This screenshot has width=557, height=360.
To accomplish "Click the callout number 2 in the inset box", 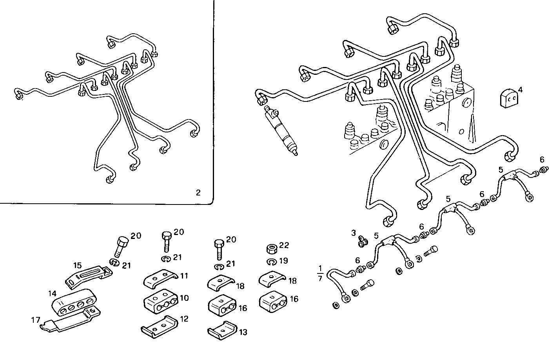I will point(198,192).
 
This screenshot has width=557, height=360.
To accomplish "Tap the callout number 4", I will point(520,90).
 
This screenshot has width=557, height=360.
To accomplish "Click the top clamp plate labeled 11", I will point(160,279).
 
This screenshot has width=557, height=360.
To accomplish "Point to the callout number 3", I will point(354,233).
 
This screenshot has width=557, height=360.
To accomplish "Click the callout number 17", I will point(35,320).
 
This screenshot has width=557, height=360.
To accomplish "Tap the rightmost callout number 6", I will point(542,159).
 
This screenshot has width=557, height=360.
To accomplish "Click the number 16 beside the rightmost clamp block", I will point(294,299).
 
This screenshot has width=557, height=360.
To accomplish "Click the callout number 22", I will point(284,245).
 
